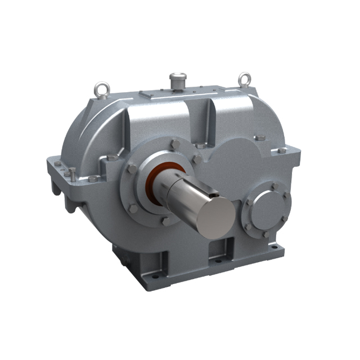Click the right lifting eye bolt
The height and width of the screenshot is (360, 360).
244,79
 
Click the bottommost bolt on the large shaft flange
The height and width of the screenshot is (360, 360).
166,221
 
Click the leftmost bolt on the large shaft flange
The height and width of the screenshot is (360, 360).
130,169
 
